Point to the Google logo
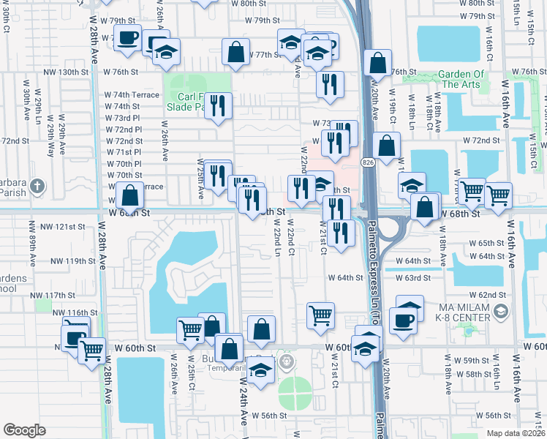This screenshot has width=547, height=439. click(x=24, y=429)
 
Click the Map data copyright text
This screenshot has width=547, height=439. click(x=516, y=433)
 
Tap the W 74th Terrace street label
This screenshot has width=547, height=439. click(x=131, y=95)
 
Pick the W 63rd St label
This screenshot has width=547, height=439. click(x=413, y=278)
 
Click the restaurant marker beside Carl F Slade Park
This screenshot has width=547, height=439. click(x=218, y=106)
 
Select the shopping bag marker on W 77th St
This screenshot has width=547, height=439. click(x=236, y=53)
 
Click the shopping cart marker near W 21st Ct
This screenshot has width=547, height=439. click(x=320, y=315)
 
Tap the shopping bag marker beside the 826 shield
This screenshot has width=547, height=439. click(x=386, y=146)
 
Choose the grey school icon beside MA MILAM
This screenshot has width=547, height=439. click(x=500, y=313)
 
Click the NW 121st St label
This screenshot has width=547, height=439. click(x=69, y=227)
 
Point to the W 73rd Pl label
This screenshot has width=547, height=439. click(x=122, y=118)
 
